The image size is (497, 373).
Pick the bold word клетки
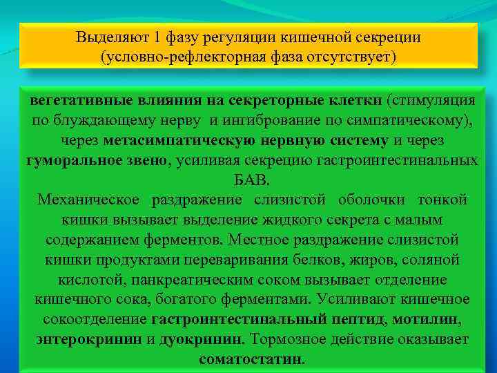click(353, 101)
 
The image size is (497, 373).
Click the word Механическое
click(88, 200)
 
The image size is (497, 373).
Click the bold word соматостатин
click(251, 360)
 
